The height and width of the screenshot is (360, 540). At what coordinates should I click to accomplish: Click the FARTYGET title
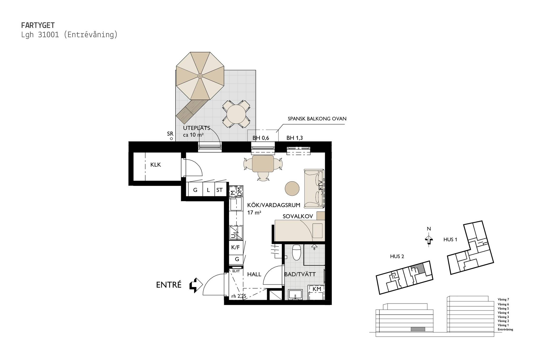(x=38, y=25)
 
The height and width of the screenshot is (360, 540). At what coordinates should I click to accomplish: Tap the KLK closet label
(x=156, y=165)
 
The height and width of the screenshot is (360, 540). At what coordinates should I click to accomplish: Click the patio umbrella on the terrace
(x=200, y=76)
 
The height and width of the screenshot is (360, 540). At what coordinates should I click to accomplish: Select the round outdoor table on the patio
(x=236, y=114)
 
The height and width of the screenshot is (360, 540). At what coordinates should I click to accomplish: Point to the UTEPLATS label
(x=197, y=128)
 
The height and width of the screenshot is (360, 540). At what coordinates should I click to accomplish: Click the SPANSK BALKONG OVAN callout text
(x=317, y=119)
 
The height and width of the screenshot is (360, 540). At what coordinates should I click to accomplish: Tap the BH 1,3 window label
(x=295, y=138)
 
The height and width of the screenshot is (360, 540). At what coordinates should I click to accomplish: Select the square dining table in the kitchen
(x=263, y=164)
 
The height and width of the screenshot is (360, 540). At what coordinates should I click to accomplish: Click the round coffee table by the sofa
(x=292, y=188)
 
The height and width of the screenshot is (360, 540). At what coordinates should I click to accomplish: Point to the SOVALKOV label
(x=298, y=216)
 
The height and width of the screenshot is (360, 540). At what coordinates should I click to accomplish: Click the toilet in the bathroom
(x=297, y=252)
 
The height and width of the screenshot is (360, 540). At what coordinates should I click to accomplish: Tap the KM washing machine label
(x=317, y=289)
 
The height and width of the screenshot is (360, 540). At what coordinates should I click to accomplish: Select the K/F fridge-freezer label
(x=235, y=247)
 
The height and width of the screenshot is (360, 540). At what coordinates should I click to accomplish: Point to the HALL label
(x=254, y=274)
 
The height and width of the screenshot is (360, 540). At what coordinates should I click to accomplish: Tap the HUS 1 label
(x=450, y=240)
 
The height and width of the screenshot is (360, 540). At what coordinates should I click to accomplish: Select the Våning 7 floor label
(x=503, y=299)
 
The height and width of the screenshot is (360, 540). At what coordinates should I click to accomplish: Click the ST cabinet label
(x=219, y=190)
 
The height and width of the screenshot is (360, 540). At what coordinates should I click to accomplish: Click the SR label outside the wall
(x=170, y=134)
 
